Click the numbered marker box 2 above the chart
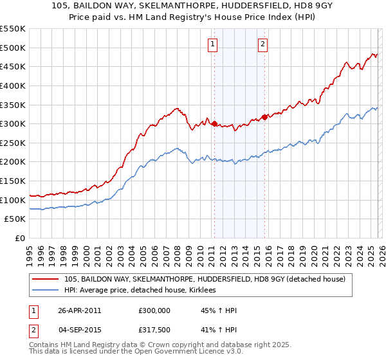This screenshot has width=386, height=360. point(263,44)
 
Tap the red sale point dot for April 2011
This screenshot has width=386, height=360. point(214,123)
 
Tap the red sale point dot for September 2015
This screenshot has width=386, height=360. point(264,117)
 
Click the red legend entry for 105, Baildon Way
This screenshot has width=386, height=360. point(205,279)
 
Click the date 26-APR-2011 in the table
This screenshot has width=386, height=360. point(80,310)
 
